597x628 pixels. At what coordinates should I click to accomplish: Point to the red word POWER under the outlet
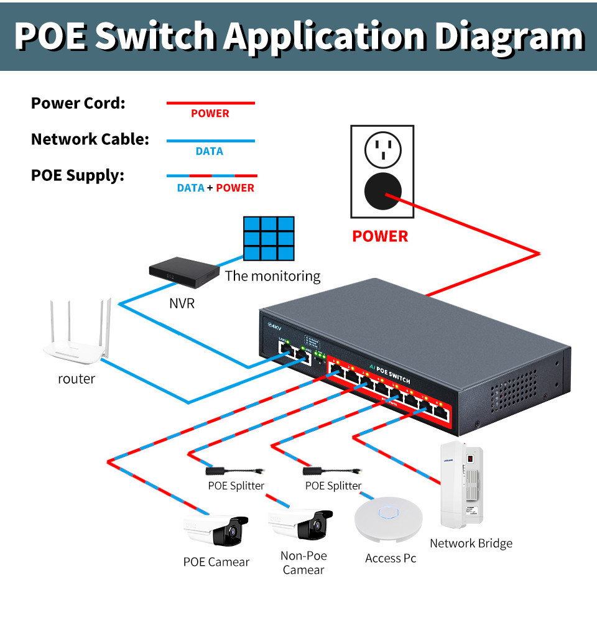click(x=380, y=236)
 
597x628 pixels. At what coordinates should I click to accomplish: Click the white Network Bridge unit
click(x=462, y=485)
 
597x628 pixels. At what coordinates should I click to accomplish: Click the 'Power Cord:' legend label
click(x=78, y=103)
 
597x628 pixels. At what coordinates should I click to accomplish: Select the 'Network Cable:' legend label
click(x=90, y=139)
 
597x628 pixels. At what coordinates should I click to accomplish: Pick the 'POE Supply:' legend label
click(x=78, y=175)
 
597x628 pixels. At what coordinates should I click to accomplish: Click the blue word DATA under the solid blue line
click(x=209, y=151)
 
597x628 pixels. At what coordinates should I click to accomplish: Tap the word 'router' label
click(x=76, y=379)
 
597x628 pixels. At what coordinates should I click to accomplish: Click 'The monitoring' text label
click(x=272, y=276)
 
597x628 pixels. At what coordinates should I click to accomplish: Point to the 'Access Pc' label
click(x=391, y=558)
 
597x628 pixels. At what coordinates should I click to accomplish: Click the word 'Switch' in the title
click(x=158, y=35)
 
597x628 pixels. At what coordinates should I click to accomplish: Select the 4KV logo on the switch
click(x=274, y=325)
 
